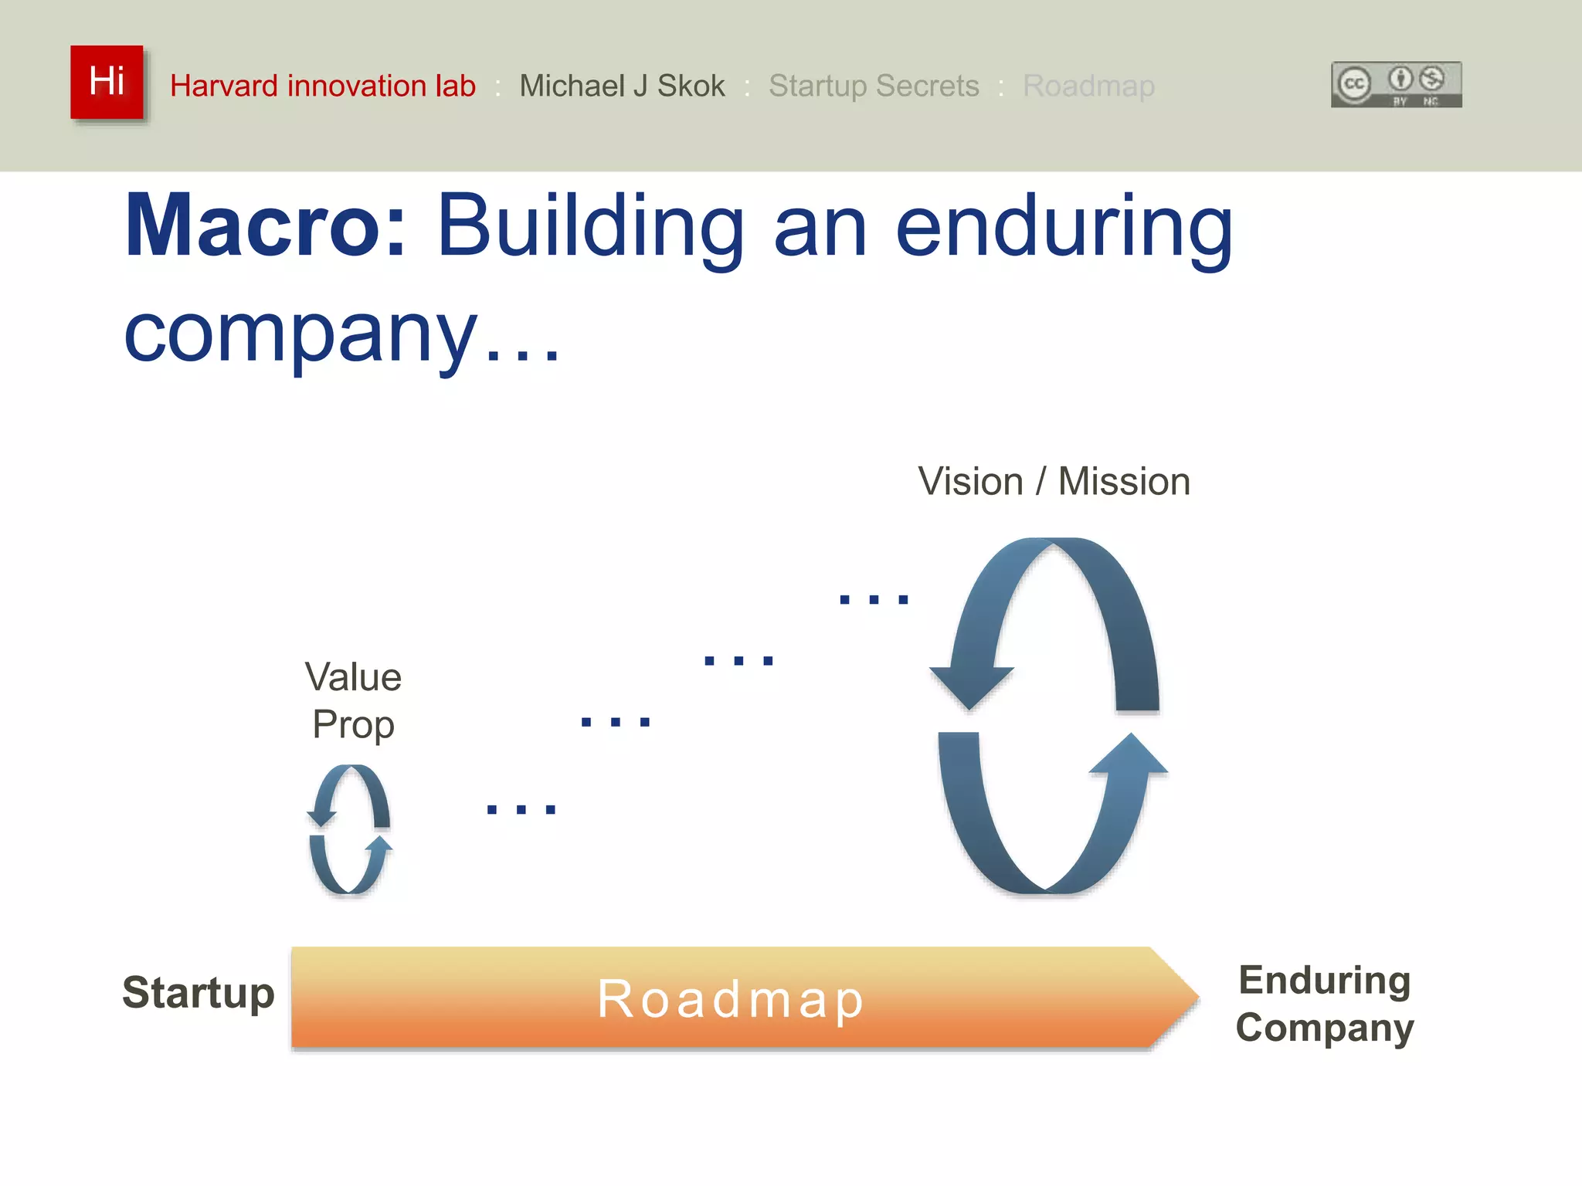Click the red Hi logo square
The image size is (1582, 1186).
point(107,82)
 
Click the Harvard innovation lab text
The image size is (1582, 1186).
point(322,86)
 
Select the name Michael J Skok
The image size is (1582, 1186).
point(622,86)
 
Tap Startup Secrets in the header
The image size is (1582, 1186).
point(873,86)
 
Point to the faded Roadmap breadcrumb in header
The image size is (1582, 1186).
point(1088,86)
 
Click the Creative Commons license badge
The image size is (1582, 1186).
point(1396,84)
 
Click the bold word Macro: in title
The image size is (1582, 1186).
point(265,225)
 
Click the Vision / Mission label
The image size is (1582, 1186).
point(1054,482)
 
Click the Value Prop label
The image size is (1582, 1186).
point(353,700)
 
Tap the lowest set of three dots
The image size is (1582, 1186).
point(521,809)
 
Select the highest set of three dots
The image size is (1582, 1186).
point(874,599)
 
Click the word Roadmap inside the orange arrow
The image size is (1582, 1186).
point(730,999)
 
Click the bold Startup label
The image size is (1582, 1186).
point(199,993)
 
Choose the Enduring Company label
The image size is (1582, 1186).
point(1324,1003)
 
